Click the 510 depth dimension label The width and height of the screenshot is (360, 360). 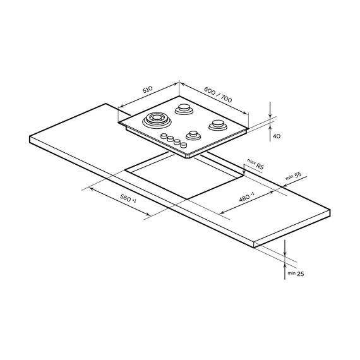tap(147, 90)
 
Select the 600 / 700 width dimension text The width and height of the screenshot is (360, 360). tap(218, 95)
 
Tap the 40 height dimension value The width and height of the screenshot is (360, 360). tap(277, 136)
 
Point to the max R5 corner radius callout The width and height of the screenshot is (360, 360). tap(255, 164)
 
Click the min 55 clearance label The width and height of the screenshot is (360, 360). tap(293, 176)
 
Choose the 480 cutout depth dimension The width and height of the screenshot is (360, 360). tap(246, 197)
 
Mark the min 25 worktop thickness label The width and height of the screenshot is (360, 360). tap(296, 273)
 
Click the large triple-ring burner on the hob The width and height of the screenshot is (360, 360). tap(157, 120)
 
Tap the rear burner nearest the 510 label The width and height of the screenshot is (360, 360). tap(184, 109)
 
